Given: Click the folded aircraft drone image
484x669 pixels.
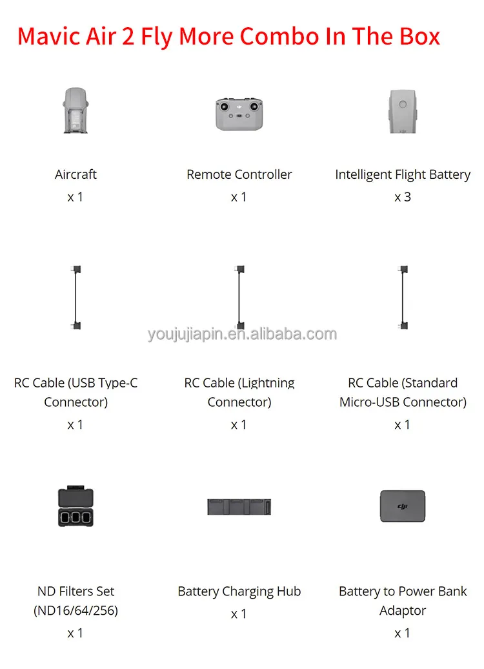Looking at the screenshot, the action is point(76,110).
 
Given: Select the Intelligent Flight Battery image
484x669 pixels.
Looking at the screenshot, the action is point(403,110).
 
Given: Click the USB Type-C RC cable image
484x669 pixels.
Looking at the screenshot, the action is point(76,298).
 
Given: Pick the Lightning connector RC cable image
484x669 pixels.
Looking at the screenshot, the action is point(239,298).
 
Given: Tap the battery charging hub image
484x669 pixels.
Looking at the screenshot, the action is point(239,506).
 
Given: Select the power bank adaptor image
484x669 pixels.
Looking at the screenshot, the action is point(403,506).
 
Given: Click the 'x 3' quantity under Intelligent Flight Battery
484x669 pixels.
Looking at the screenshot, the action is point(403,197).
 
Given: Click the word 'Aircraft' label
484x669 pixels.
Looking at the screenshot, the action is point(76,174).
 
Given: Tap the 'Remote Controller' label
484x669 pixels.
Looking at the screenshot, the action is point(239,174).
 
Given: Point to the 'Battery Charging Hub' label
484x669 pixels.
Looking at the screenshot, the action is point(239,592).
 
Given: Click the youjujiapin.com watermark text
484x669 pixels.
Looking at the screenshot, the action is point(242,334).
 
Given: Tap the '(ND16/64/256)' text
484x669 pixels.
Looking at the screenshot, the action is point(76,610).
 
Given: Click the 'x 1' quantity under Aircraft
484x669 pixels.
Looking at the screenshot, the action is point(76,197).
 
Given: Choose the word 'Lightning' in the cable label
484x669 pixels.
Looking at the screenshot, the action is point(267,383).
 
